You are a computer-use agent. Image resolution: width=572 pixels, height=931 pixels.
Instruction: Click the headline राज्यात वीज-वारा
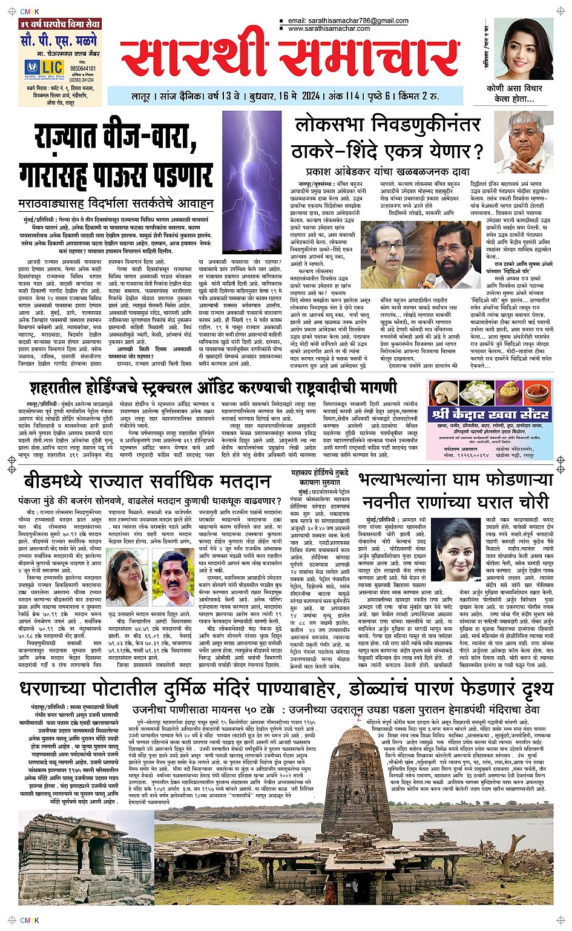[x=115, y=138]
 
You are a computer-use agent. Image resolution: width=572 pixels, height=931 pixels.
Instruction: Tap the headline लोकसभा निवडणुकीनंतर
[x=387, y=125]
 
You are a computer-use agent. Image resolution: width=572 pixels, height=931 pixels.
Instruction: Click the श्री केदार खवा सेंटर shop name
[x=490, y=415]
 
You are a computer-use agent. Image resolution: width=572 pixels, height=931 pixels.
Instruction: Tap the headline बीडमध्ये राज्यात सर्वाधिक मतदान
[x=147, y=481]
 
